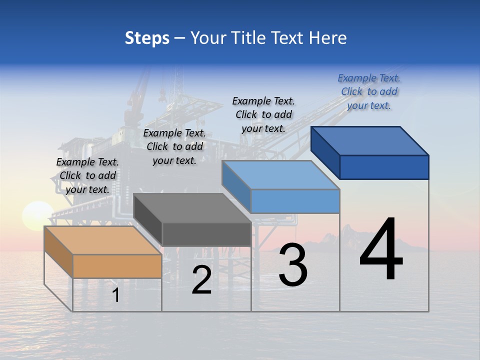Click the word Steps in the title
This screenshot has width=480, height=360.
click(147, 38)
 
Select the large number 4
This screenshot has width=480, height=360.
click(381, 249)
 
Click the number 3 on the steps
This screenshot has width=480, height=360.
click(293, 265)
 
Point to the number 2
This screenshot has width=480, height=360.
click(201, 280)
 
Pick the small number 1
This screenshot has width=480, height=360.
click(115, 295)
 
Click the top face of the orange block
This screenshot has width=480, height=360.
click(102, 240)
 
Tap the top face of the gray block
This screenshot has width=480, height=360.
click(192, 208)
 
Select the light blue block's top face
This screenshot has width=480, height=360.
click(280, 175)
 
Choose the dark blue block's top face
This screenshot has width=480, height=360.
click(370, 141)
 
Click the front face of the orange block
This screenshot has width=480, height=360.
click(117, 266)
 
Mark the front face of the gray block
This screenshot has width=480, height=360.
click(206, 234)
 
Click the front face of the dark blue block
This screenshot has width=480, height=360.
click(384, 167)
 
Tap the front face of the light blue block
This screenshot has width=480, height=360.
click(295, 201)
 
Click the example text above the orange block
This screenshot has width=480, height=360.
click(87, 175)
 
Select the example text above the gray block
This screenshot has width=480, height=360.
click(174, 146)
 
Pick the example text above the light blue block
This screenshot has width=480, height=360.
click(263, 114)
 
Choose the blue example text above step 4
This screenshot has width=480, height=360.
click(369, 91)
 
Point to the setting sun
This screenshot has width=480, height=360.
click(36, 216)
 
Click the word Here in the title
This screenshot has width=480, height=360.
click(327, 38)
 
